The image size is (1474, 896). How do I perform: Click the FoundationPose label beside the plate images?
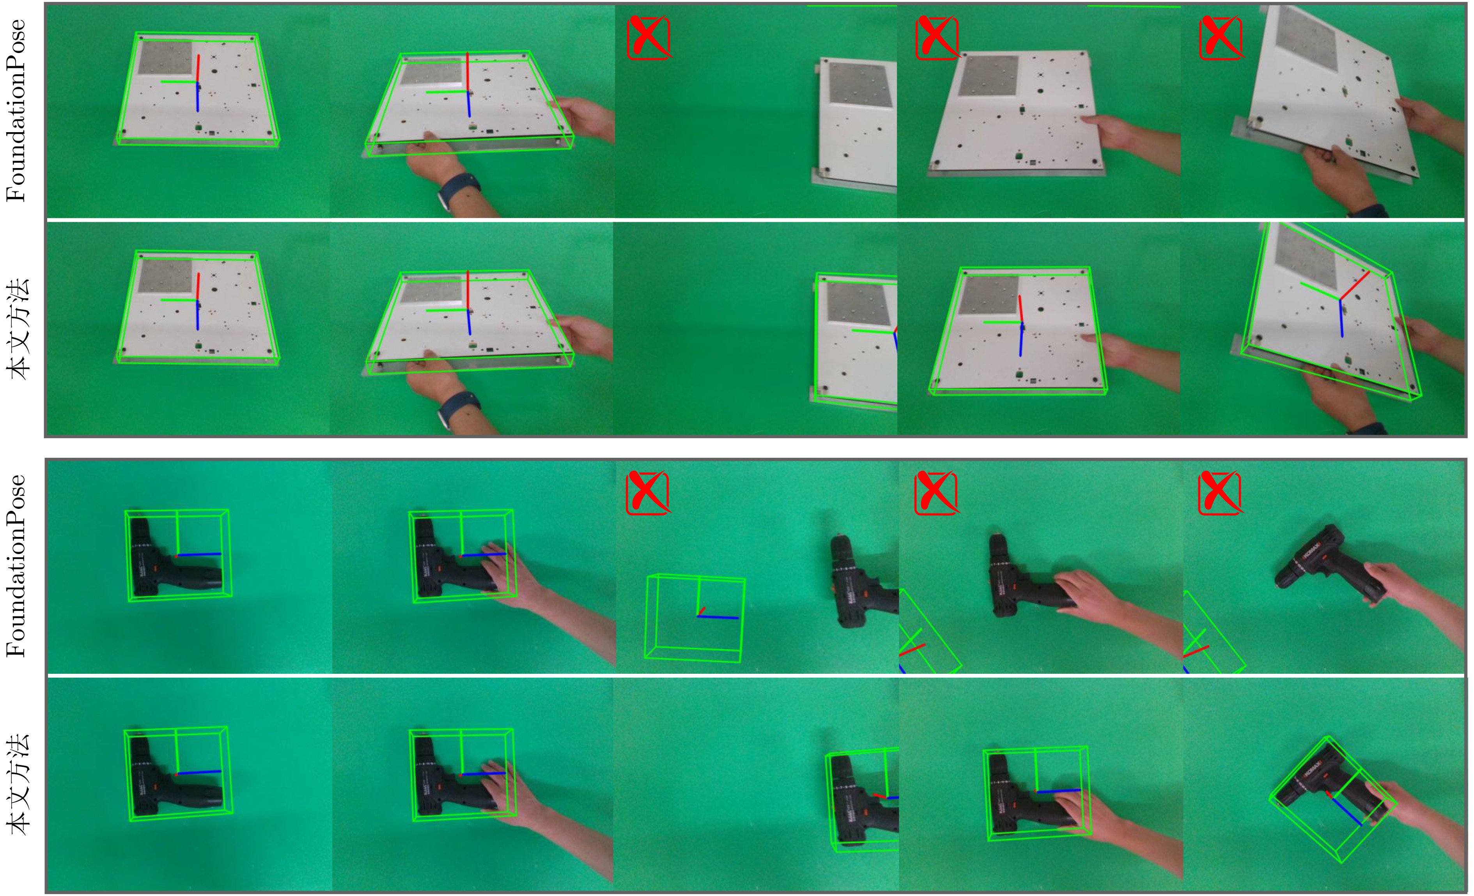click(16, 111)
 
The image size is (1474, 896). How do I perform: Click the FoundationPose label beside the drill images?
click(16, 566)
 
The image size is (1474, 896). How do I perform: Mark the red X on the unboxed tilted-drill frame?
click(1221, 492)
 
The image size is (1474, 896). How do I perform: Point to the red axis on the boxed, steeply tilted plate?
click(1354, 285)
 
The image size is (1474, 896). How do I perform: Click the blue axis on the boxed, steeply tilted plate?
click(1341, 318)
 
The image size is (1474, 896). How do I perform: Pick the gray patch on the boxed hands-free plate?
click(988, 295)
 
